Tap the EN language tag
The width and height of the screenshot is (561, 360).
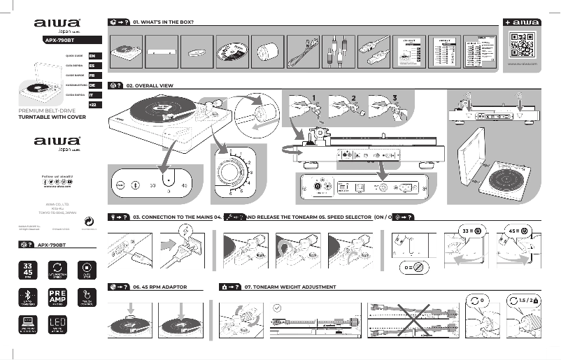coord(93,55)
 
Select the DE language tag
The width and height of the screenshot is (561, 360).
coord(93,85)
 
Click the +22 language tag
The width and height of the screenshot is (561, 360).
coord(93,104)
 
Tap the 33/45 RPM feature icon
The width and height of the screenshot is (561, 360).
coord(28,270)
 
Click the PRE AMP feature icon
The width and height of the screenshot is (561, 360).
coord(57,296)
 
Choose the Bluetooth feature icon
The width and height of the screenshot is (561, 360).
coord(28,296)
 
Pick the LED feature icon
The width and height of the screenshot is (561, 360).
coord(57,324)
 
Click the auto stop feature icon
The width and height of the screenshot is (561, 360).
coord(87,270)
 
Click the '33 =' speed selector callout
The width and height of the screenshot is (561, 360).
coord(469,230)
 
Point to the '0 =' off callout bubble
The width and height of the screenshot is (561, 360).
coord(412,266)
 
